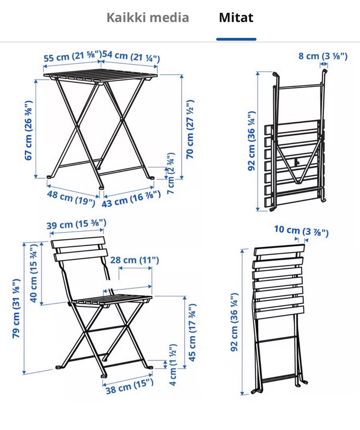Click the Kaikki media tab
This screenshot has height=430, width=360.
click(x=148, y=18)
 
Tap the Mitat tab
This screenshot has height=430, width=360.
click(x=236, y=18)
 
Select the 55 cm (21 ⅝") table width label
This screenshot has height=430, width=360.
click(x=73, y=57)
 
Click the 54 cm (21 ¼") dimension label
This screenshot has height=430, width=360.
click(x=131, y=56)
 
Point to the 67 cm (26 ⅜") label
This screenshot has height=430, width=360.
click(x=29, y=130)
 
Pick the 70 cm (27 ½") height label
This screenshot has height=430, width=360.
click(x=190, y=129)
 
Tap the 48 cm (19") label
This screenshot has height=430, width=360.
click(x=71, y=198)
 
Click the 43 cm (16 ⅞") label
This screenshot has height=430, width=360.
click(x=131, y=199)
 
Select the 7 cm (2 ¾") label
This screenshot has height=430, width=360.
click(x=171, y=174)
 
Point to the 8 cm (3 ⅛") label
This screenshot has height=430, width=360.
click(x=323, y=56)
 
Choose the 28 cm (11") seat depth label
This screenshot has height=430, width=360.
click(x=135, y=260)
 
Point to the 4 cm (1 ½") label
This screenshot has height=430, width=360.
click(x=173, y=365)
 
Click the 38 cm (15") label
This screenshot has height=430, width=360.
click(x=130, y=386)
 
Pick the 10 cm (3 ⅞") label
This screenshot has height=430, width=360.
click(x=301, y=231)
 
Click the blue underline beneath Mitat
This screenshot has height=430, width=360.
click(x=236, y=39)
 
